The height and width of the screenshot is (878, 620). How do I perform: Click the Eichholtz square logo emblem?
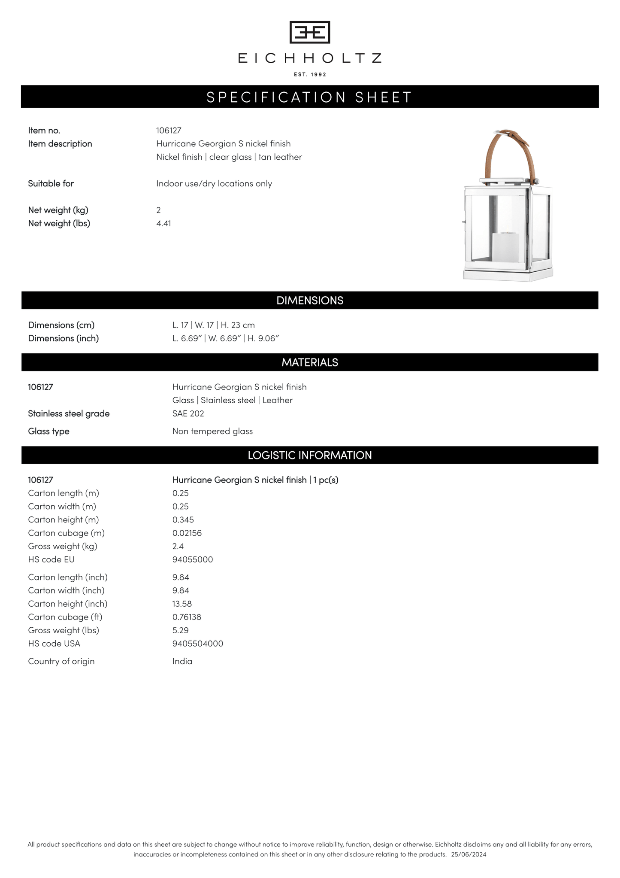(310, 32)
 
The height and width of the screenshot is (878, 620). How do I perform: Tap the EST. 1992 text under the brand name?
(310, 75)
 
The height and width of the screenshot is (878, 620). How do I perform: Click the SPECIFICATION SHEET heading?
(310, 97)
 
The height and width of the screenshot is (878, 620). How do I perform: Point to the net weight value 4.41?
(163, 223)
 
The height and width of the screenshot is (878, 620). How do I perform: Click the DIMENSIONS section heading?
(310, 301)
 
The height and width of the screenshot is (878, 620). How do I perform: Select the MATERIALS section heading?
(310, 362)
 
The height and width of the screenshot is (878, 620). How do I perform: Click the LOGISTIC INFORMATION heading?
(310, 455)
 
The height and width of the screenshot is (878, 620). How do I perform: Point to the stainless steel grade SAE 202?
(188, 413)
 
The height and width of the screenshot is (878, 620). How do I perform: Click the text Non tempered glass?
(212, 431)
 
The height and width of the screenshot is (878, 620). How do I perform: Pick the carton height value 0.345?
(183, 520)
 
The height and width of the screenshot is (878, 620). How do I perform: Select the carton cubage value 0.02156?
(187, 533)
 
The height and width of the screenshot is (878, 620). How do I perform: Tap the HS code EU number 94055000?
(193, 559)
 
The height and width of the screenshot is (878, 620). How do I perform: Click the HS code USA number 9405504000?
(198, 644)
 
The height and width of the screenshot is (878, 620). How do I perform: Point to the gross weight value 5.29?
(181, 630)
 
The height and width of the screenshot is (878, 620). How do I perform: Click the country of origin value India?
(182, 661)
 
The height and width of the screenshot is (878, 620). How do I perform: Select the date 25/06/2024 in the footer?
(469, 854)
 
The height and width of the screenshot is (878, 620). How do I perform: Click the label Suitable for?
(51, 184)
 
